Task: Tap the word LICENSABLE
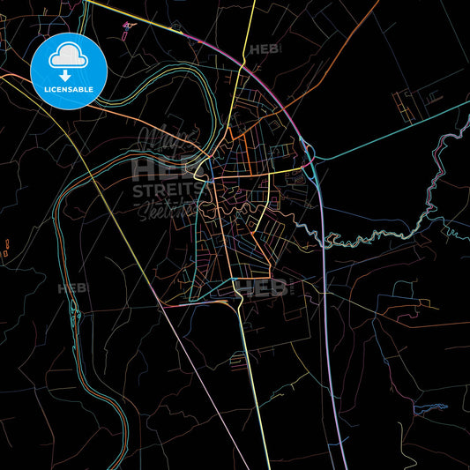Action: [69, 89]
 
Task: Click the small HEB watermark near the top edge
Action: [262, 50]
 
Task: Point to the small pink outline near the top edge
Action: [130, 25]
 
